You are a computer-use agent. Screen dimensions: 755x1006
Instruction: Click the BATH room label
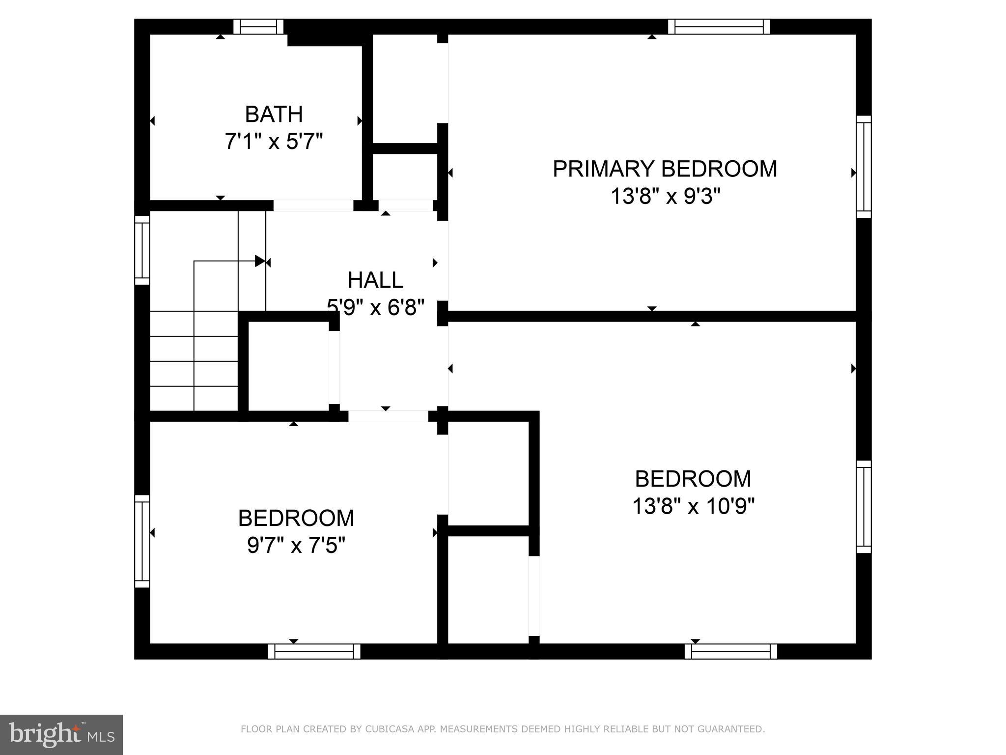tap(274, 115)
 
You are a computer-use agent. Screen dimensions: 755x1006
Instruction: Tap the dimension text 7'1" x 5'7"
tap(274, 142)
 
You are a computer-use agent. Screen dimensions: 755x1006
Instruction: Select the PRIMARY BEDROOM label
tap(665, 169)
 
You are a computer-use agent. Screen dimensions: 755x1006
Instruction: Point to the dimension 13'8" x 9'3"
tap(665, 197)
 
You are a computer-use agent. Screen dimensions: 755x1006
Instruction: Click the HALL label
tap(375, 281)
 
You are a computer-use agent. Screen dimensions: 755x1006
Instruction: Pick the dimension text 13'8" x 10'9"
tap(693, 506)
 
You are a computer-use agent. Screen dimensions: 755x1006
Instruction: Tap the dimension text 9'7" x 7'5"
tap(296, 545)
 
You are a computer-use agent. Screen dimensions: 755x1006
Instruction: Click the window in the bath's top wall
tap(258, 27)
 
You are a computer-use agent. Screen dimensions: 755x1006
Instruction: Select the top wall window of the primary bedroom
tap(719, 27)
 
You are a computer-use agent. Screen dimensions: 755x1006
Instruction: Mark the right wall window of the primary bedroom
tap(864, 167)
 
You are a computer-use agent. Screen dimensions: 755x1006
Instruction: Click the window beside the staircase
tap(142, 250)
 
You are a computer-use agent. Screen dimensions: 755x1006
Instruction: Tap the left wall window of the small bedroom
tap(142, 541)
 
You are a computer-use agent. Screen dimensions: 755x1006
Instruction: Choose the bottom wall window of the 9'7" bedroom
tap(314, 651)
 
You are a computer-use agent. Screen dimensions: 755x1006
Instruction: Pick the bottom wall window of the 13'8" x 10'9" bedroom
tap(731, 651)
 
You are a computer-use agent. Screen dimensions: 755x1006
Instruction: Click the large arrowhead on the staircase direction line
tap(260, 261)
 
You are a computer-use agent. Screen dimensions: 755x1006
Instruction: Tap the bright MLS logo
tap(61, 734)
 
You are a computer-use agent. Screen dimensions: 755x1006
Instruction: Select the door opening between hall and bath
tap(313, 205)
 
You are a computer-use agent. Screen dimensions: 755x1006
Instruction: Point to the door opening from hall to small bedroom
tap(388, 416)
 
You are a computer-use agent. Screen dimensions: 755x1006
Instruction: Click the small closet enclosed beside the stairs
tap(288, 366)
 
